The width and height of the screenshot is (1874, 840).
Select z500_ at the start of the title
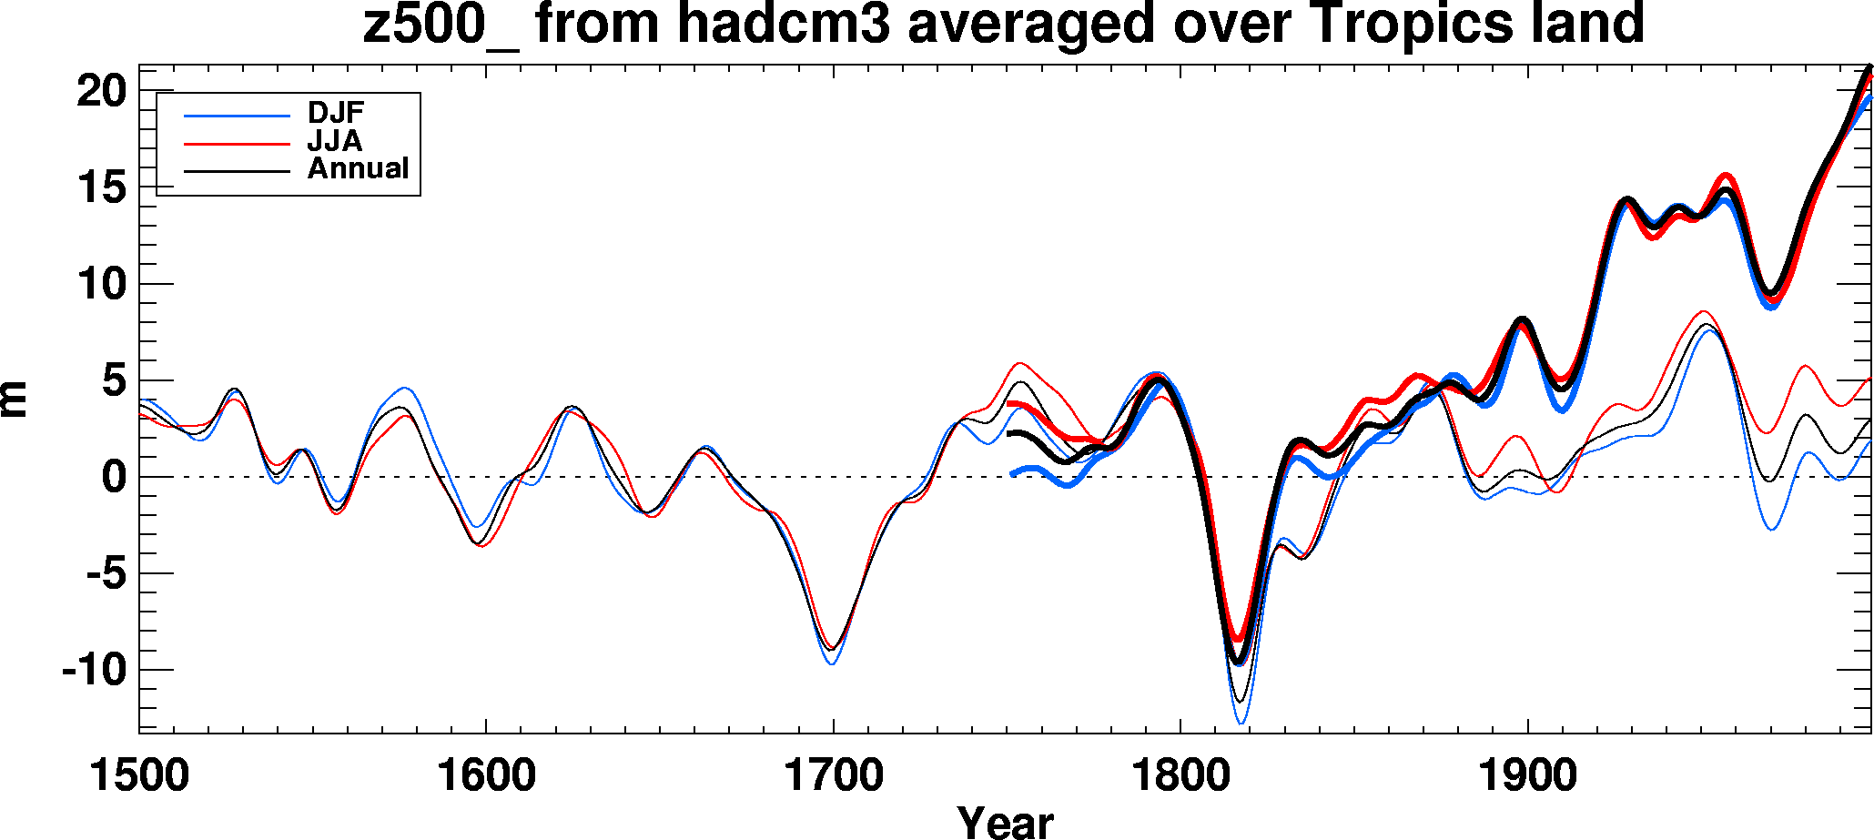(441, 24)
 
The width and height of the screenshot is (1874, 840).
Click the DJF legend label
(336, 113)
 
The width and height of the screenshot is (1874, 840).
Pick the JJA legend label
(334, 141)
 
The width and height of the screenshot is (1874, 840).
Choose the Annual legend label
(358, 168)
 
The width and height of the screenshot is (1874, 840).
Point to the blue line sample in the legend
(237, 116)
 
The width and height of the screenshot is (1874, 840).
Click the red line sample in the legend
(237, 144)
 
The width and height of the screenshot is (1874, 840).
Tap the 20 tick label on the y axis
(100, 91)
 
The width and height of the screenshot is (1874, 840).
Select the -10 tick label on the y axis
(93, 671)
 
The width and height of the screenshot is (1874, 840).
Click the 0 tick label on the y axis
(113, 477)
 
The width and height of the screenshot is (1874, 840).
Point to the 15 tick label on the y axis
(100, 187)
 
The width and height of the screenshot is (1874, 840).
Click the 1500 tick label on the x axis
(139, 775)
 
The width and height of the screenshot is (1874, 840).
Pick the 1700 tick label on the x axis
(833, 775)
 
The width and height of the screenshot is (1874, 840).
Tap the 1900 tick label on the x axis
(1526, 775)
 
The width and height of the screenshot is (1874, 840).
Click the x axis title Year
(1005, 821)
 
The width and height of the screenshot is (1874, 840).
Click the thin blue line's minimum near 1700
(831, 663)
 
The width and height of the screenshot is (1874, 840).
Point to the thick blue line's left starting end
(1012, 474)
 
